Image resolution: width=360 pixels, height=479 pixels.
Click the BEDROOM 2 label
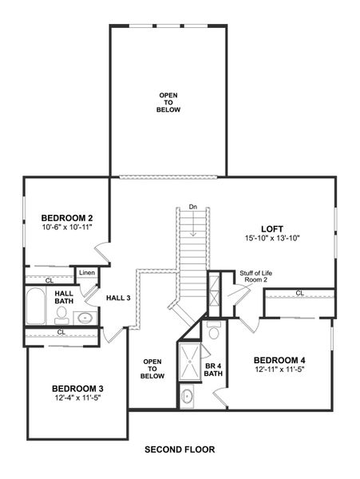point(68,217)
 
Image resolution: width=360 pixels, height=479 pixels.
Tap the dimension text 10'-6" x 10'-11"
point(68,227)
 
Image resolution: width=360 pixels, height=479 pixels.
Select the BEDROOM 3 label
point(77,388)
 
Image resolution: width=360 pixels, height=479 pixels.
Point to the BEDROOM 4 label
point(279,359)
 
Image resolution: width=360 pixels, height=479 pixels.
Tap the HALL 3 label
point(118,298)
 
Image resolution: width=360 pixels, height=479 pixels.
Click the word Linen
point(87,274)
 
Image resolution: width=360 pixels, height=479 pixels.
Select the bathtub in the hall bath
point(35,307)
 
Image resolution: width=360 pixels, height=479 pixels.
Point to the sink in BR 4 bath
point(187,394)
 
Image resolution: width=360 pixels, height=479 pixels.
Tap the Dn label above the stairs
point(193,208)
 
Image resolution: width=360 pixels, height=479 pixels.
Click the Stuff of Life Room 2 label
point(254,277)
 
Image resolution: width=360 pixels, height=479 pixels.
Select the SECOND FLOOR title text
point(180,449)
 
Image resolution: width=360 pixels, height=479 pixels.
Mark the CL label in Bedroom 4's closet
point(299,293)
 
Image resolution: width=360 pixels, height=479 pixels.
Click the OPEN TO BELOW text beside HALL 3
point(153,369)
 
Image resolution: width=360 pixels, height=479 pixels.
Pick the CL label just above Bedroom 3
point(61,332)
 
